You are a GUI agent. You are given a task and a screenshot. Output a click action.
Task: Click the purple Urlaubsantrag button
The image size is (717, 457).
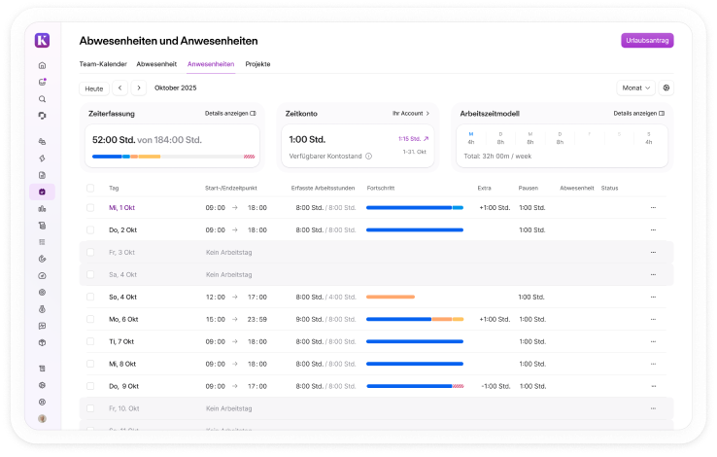(x=647, y=40)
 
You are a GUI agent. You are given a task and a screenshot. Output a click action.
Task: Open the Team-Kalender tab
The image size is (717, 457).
(x=103, y=64)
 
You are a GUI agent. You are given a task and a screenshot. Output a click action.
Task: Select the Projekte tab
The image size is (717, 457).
(x=257, y=64)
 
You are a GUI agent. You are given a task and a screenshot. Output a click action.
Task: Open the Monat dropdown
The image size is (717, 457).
(x=635, y=88)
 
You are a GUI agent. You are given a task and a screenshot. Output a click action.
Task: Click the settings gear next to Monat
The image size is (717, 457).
(x=666, y=88)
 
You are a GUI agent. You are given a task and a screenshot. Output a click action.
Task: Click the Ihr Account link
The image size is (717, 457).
(x=411, y=114)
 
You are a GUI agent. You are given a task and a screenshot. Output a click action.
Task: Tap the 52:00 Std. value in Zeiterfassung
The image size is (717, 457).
(x=113, y=140)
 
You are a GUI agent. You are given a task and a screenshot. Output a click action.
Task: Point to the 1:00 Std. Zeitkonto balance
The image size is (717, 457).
(x=307, y=140)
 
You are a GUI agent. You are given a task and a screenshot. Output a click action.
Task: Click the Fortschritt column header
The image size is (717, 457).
(x=382, y=188)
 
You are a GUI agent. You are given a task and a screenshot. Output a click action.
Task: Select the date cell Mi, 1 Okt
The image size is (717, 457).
(x=123, y=207)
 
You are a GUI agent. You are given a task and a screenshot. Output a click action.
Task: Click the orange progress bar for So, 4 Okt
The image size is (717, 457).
(x=391, y=297)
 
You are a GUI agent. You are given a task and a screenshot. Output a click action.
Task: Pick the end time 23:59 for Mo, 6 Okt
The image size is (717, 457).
(x=257, y=319)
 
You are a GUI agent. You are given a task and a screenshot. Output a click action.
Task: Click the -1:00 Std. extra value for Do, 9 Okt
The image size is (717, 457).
(x=495, y=386)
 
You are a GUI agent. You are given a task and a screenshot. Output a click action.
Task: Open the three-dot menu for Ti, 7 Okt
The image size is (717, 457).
(x=653, y=341)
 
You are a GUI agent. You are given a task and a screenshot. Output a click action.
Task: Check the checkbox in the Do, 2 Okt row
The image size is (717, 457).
(x=91, y=229)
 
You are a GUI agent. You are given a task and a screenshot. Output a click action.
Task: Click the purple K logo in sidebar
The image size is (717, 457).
(x=42, y=40)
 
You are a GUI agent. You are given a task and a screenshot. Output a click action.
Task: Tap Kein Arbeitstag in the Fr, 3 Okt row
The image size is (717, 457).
(x=228, y=252)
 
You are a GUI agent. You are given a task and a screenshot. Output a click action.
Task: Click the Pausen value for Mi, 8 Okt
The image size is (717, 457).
(x=531, y=364)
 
